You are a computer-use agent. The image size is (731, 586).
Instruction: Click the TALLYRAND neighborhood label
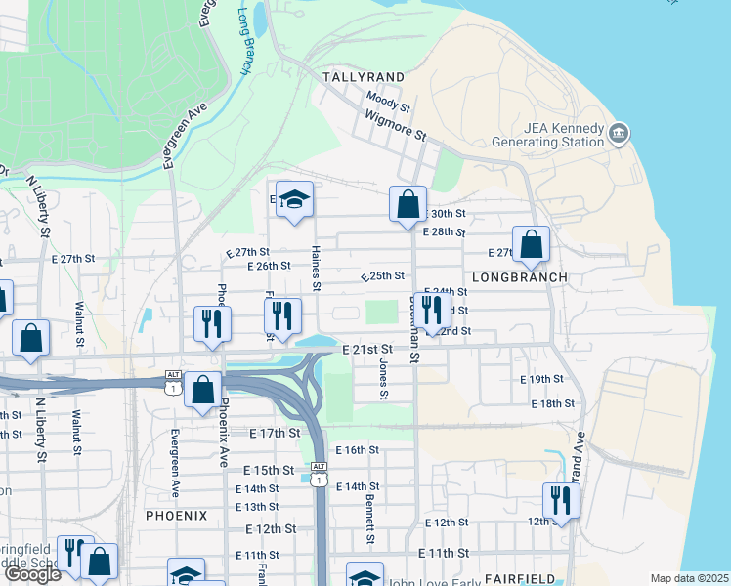tap(364, 76)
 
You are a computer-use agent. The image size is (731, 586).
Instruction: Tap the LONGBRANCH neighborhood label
tap(520, 277)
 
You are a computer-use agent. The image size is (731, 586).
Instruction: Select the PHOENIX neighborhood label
tap(177, 515)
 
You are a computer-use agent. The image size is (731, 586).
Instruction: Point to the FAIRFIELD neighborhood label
tap(507, 579)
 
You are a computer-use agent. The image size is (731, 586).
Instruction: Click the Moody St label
tap(388, 101)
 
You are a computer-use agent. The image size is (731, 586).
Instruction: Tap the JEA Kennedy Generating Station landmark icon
tap(618, 132)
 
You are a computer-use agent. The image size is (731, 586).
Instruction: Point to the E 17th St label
tap(274, 433)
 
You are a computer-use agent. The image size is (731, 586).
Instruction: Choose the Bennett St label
tap(370, 519)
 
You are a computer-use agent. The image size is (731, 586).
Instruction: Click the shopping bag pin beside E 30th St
tap(408, 205)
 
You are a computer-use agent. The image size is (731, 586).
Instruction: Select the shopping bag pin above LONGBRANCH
tap(532, 246)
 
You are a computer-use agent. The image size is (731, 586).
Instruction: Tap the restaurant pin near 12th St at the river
tap(561, 501)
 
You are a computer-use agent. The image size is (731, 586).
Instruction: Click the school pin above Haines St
tap(294, 200)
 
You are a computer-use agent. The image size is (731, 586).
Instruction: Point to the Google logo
tap(32, 574)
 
